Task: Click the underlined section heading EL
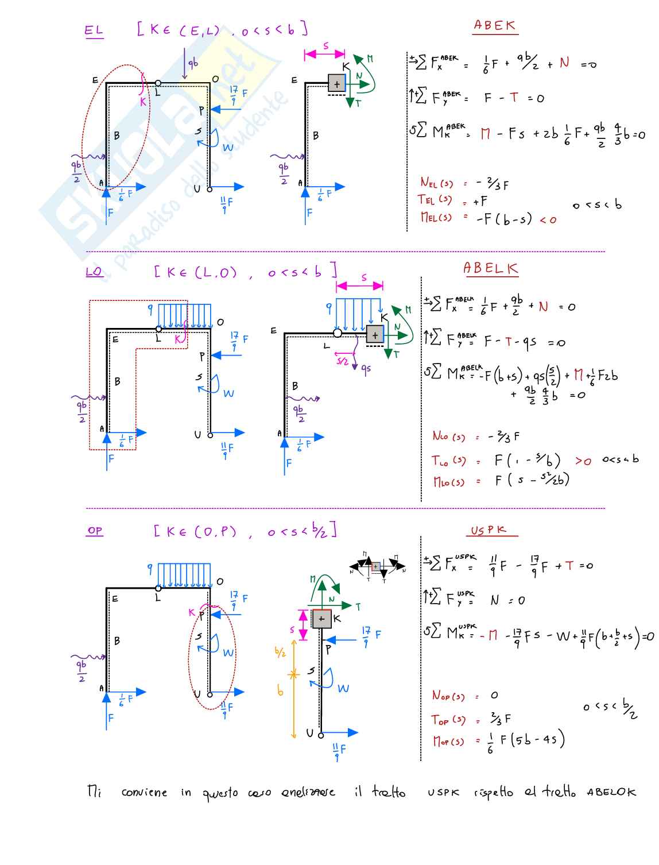pos(94,30)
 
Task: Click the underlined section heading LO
pos(94,272)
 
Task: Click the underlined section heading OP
pos(95,531)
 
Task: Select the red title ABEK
pos(494,26)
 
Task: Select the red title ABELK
pos(490,268)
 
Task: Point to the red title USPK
pos(489,530)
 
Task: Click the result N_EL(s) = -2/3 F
pos(464,184)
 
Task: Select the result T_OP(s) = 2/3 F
pos(471,719)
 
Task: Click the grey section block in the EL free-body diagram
pos(336,84)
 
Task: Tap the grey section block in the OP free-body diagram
pos(321,619)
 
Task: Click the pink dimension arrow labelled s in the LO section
pos(360,285)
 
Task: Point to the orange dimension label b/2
pos(280,652)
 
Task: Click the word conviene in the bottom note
pos(144,793)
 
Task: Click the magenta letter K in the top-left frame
pos(143,102)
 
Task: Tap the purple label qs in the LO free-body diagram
pos(365,369)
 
